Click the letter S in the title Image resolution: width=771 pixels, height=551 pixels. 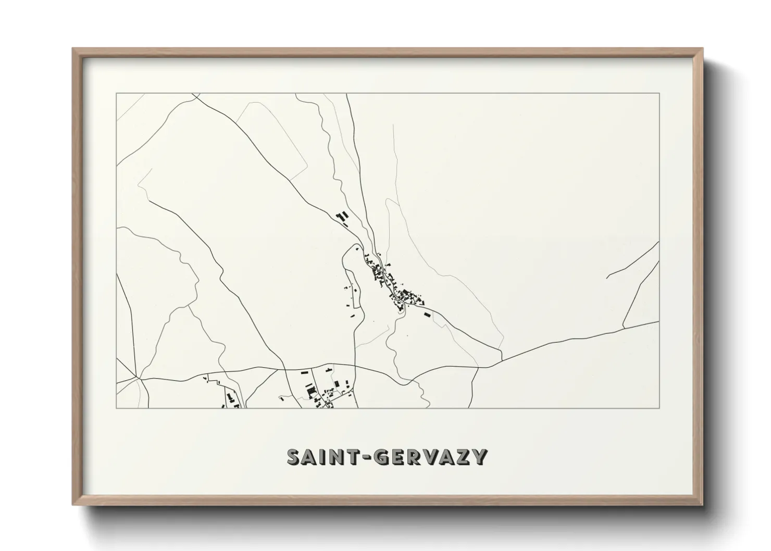tap(295, 457)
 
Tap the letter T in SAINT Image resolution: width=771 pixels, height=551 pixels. tap(356, 457)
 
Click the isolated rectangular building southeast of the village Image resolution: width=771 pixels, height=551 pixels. tap(428, 315)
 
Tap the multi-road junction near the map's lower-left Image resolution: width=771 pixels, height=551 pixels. tap(138, 377)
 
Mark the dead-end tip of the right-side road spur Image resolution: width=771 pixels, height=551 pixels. tap(607, 278)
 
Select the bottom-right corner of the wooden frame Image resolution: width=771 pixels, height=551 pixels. tap(702, 505)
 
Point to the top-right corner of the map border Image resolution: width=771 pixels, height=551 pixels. tap(660, 93)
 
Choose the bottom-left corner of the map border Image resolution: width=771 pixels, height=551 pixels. tap(116, 408)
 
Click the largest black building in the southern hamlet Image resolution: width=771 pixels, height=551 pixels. tap(311, 390)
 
